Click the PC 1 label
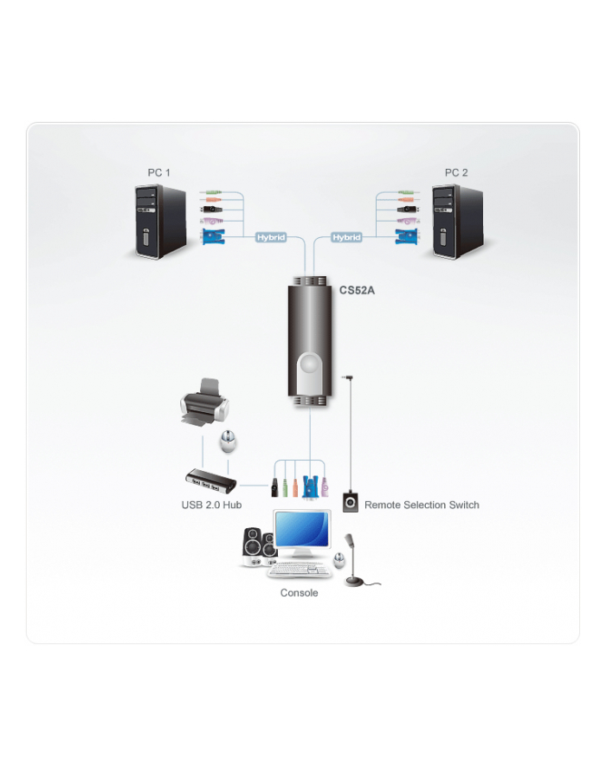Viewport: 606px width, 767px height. point(159,172)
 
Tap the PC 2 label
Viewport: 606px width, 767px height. point(456,172)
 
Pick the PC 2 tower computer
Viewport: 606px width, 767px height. point(458,222)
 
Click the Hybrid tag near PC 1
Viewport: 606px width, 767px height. point(271,237)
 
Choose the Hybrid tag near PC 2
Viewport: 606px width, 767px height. point(347,237)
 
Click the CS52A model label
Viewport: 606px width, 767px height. point(357,290)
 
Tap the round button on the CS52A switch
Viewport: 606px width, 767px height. point(309,364)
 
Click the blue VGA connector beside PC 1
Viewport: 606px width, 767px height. point(213,236)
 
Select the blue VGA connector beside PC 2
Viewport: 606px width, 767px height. point(406,236)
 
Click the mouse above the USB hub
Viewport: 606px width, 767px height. point(228,442)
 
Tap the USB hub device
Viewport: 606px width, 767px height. point(211,480)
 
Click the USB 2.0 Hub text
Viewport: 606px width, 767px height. point(211,505)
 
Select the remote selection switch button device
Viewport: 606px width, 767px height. point(351,502)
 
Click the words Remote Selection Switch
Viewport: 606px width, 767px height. point(422,505)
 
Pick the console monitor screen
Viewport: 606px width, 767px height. point(301,529)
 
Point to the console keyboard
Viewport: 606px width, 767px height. point(299,570)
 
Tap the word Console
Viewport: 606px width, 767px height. point(299,593)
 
